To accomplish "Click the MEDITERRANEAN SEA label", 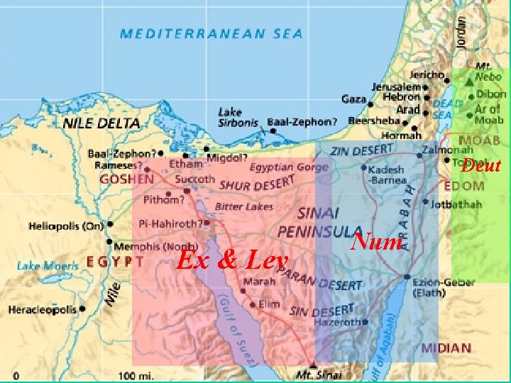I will tap(211, 33).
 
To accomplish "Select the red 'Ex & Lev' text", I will tap(232, 260).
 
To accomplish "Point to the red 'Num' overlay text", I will tap(377, 242).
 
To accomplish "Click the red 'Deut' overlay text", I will tap(481, 166).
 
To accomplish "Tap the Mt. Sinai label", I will tap(319, 374).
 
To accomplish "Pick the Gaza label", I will tap(353, 99).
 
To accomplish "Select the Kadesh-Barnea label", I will tap(388, 174).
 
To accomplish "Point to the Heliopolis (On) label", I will tap(66, 226).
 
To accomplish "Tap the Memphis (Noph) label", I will tap(146, 247).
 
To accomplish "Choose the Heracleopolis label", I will tap(43, 310).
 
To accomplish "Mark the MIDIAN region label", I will tap(445, 348).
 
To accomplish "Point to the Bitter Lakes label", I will tap(238, 206).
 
